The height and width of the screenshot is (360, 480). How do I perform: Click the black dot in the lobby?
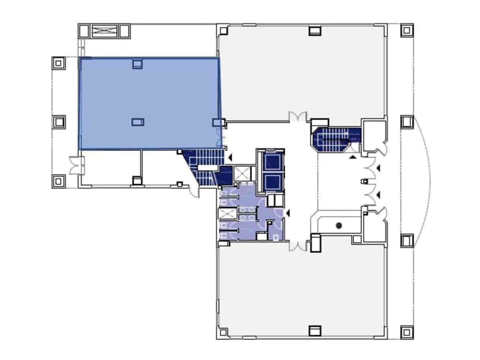point(339,226)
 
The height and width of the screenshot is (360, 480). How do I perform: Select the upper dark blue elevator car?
point(271,162)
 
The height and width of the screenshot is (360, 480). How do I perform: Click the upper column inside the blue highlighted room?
point(137,64)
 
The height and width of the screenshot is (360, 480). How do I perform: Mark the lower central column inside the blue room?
point(137,122)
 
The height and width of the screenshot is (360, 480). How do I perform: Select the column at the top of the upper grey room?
point(315,30)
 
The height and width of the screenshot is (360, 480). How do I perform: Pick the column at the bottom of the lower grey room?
point(315,331)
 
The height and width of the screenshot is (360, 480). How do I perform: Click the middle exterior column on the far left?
point(58,122)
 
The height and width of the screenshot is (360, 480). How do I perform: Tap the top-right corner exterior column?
point(406,30)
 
